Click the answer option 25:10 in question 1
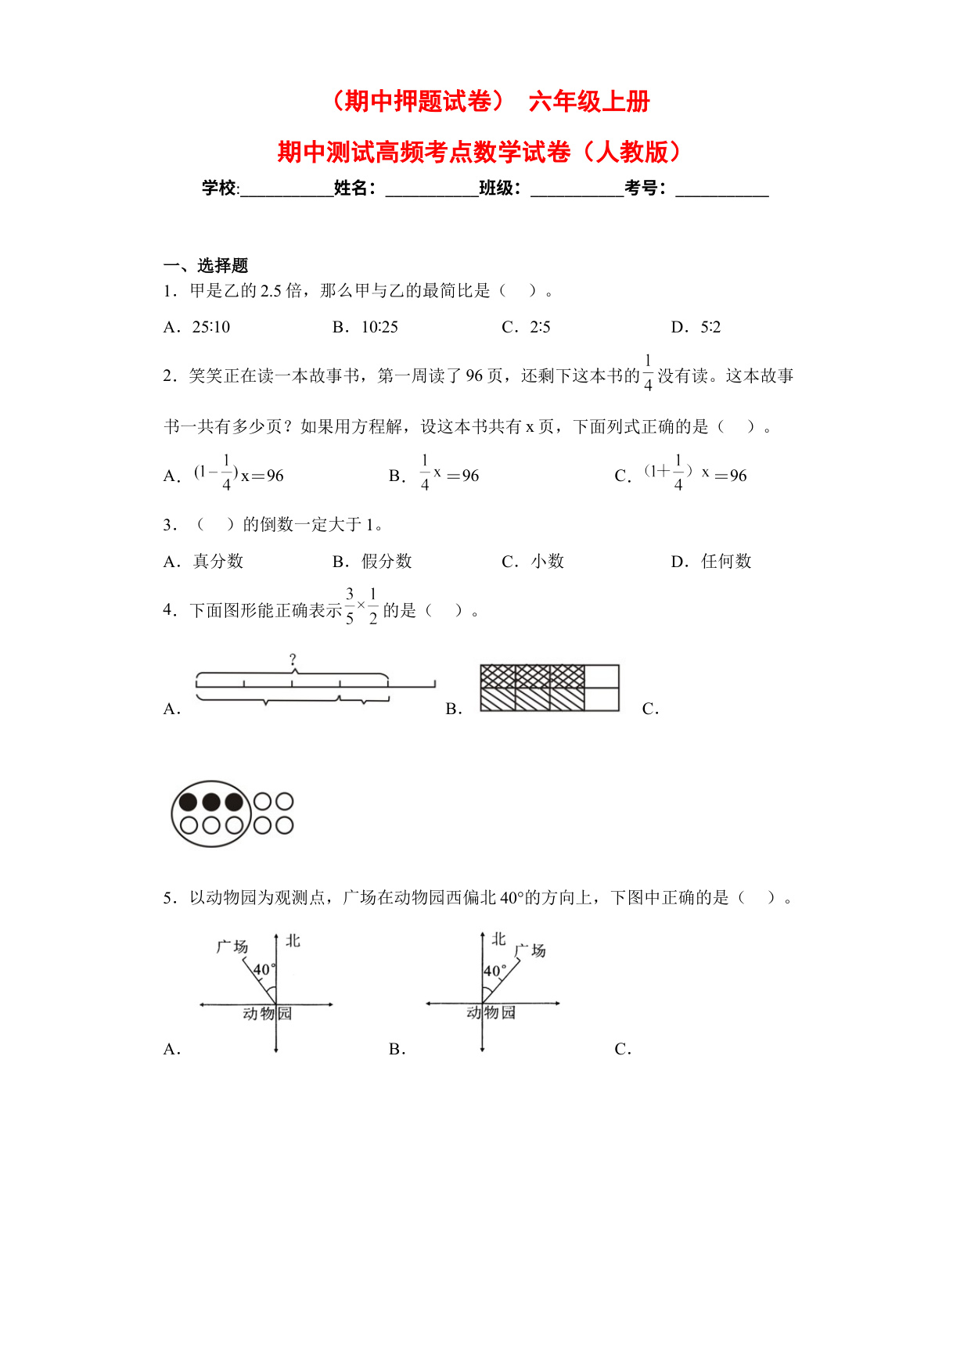coord(211,327)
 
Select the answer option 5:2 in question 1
coord(710,327)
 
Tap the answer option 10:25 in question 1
coord(379,327)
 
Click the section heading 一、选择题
coord(206,265)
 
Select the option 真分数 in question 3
coord(218,561)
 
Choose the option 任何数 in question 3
coord(726,561)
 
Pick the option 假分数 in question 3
coord(387,561)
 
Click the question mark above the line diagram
coord(293,659)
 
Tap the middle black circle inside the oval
coord(210,802)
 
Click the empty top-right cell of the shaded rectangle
coord(602,676)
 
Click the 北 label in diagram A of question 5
coord(293,940)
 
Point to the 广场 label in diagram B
coord(530,950)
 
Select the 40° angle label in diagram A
coord(262,970)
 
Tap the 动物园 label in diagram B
coord(491,1012)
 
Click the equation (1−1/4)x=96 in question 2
coord(239,474)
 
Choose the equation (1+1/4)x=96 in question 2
coord(696,474)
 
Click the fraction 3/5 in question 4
coord(350,606)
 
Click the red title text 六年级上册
coord(589,102)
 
